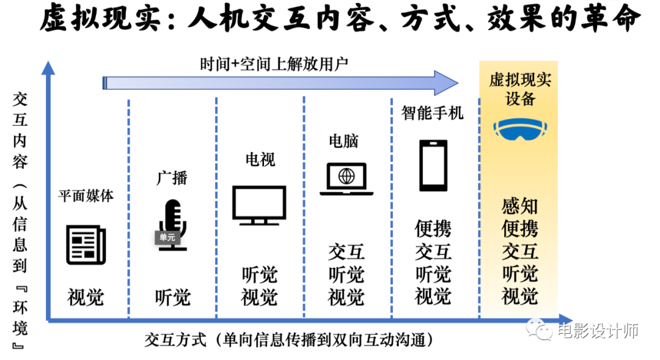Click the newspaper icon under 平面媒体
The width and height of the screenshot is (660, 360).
pos(86,244)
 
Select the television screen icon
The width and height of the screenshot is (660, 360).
pos(259,205)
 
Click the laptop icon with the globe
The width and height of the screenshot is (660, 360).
pos(346,178)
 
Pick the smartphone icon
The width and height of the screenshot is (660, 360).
pos(433,166)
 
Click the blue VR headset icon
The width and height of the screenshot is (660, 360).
pos(520,128)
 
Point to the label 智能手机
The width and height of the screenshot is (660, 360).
pos(433,112)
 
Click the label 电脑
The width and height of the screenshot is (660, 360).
pos(343,141)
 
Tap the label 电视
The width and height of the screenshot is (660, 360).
pos(260,160)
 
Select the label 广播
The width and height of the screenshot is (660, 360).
pos(172,178)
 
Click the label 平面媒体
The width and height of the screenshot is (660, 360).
pos(86,196)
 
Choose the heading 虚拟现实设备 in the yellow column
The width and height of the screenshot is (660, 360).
pos(520,89)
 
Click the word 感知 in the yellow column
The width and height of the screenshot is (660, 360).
pos(520,206)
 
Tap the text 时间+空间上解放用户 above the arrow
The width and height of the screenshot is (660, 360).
pos(274,63)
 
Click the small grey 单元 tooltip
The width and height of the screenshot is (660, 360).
pos(167,237)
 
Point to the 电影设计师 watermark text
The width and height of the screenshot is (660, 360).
pos(598,331)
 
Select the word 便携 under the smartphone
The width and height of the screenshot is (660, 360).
pos(433,229)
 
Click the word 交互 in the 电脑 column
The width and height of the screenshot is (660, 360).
pos(346,251)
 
